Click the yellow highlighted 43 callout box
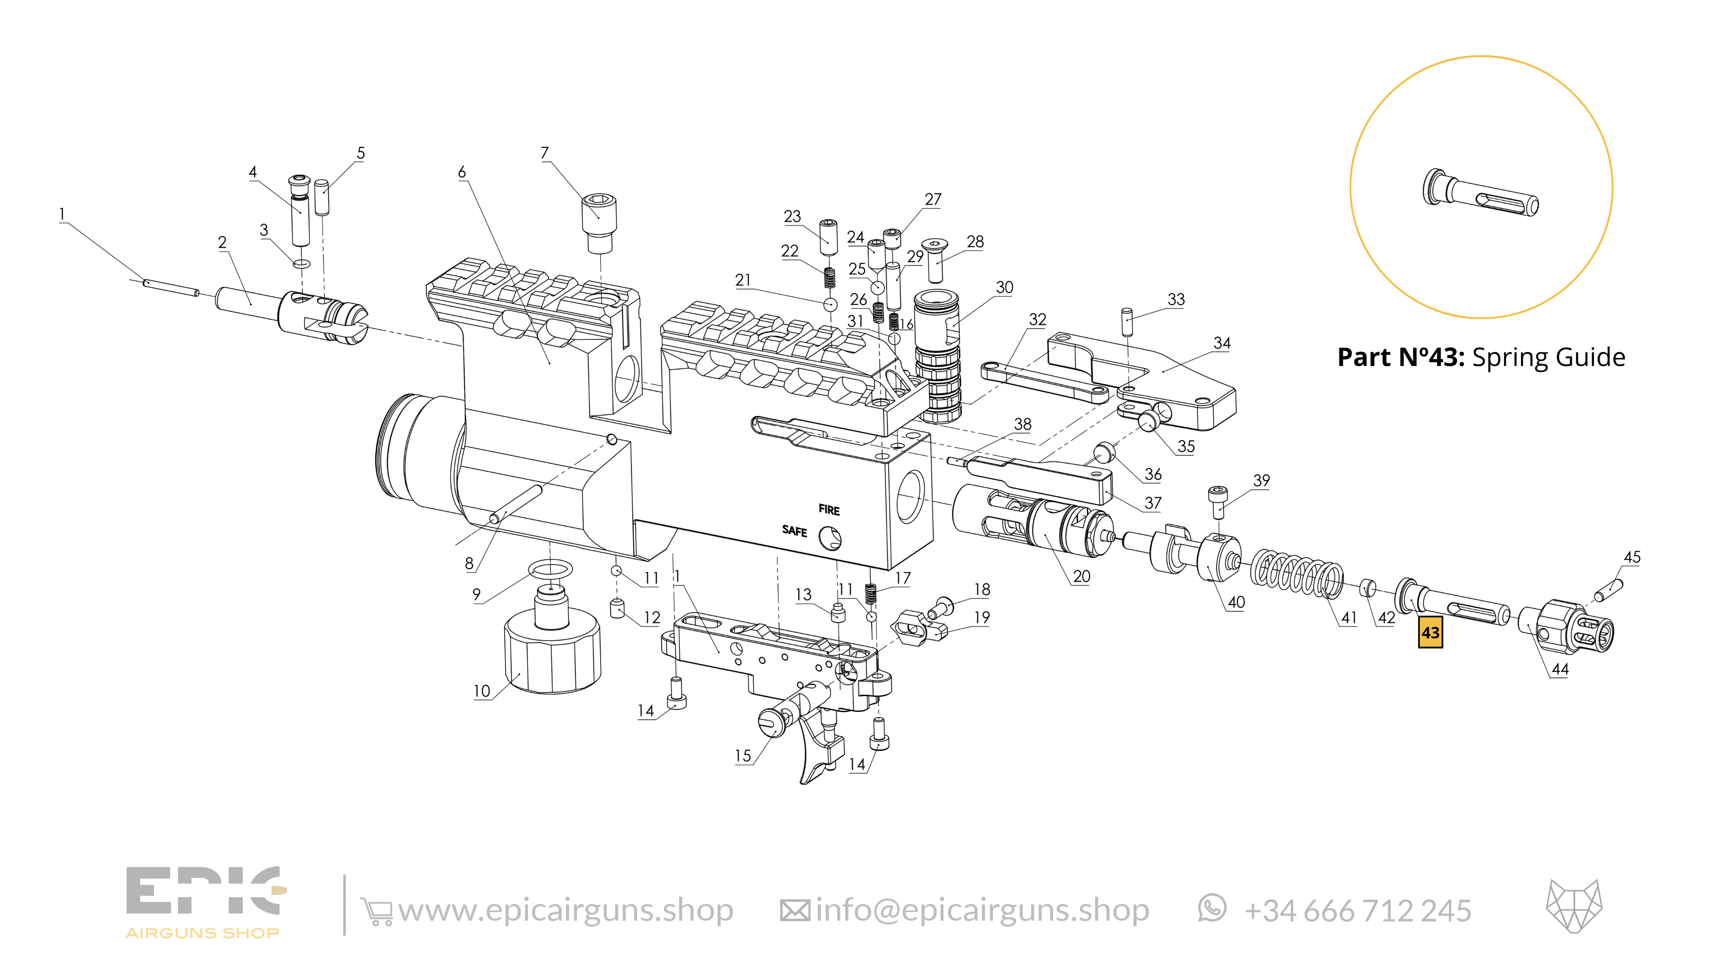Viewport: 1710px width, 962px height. pos(1430,632)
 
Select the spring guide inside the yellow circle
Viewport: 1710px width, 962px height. pos(1480,192)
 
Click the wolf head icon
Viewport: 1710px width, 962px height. pos(1573,906)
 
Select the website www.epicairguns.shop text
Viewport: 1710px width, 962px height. pos(566,910)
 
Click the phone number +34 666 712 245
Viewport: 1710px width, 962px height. pos(1357,911)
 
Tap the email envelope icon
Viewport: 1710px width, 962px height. pos(794,910)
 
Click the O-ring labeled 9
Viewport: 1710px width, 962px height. pos(550,570)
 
